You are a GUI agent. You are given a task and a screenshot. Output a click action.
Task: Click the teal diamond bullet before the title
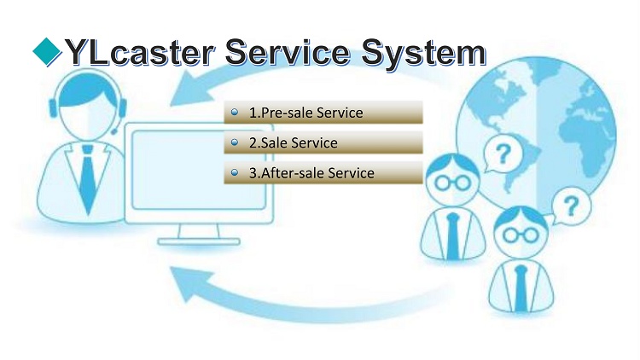[x=47, y=51]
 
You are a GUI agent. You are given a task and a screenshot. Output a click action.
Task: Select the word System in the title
[x=424, y=54]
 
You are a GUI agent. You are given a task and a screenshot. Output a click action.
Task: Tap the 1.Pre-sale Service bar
[x=323, y=113]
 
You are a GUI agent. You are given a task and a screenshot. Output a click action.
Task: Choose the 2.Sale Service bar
[x=323, y=142]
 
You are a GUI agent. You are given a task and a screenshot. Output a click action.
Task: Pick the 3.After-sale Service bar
[x=323, y=172]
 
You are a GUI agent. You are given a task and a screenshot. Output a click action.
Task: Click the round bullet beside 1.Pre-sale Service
[x=235, y=112]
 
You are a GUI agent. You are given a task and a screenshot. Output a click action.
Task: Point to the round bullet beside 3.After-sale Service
[x=235, y=172]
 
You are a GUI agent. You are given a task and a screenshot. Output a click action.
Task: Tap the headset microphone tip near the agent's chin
[x=113, y=131]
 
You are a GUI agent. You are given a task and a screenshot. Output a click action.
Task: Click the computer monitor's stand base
[x=198, y=242]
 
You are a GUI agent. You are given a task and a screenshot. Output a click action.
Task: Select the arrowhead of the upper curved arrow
[x=191, y=89]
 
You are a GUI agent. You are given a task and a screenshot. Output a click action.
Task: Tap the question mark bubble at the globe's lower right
[x=571, y=206]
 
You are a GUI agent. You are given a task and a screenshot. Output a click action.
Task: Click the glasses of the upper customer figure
[x=452, y=183]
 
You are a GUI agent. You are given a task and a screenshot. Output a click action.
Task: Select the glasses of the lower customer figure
[x=521, y=235]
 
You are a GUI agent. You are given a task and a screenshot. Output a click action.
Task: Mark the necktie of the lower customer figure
[x=521, y=288]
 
